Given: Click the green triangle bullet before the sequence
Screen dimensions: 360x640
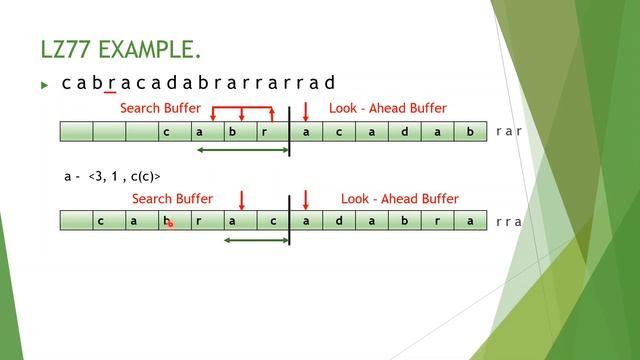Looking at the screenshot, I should tap(44, 85).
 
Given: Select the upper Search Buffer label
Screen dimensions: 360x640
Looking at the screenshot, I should tap(160, 108).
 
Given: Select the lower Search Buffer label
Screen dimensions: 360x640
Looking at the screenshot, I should tap(172, 199).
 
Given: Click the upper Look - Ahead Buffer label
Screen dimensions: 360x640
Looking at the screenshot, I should tap(387, 108).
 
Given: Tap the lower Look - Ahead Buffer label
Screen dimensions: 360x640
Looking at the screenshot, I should tap(399, 199).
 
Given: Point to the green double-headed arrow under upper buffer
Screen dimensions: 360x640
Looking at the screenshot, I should tap(241, 151).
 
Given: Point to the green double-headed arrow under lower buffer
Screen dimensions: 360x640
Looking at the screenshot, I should tap(256, 240).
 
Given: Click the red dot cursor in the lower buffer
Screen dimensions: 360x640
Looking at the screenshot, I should tap(170, 224).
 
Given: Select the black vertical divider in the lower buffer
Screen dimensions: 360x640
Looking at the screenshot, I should tap(290, 222).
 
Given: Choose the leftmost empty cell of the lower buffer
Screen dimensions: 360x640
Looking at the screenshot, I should tap(76, 221).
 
